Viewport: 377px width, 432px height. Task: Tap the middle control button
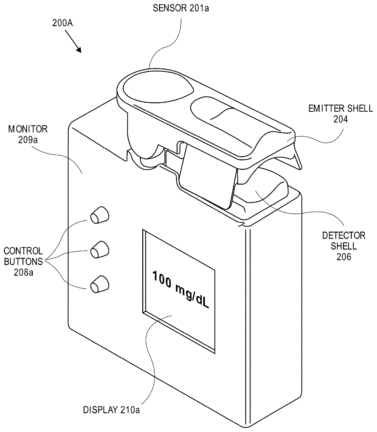pyautogui.click(x=99, y=250)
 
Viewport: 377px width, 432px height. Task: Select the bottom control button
pyautogui.click(x=99, y=284)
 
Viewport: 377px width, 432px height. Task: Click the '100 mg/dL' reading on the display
pyautogui.click(x=180, y=290)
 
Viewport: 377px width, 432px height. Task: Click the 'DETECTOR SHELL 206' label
pyautogui.click(x=344, y=246)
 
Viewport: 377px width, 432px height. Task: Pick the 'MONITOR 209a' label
pyautogui.click(x=28, y=134)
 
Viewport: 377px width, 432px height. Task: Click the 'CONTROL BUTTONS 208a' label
pyautogui.click(x=23, y=261)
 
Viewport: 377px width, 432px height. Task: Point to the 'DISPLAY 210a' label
pyautogui.click(x=112, y=410)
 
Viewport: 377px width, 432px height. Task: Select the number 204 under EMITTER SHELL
pyautogui.click(x=340, y=119)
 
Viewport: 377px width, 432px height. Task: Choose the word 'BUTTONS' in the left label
pyautogui.click(x=23, y=261)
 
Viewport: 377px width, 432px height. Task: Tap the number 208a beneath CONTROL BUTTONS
pyautogui.click(x=23, y=272)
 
